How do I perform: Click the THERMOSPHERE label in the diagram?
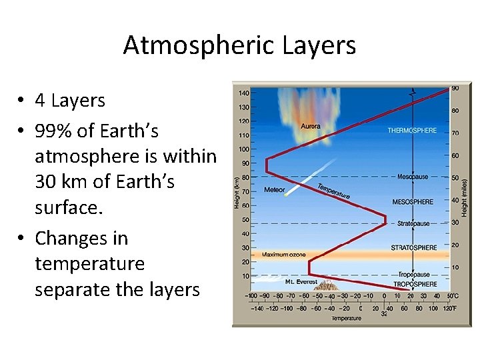412,131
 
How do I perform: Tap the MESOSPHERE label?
413,202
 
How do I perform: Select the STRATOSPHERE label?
414,247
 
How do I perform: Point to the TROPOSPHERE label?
414,283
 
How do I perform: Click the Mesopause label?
413,177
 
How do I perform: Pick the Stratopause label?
413,224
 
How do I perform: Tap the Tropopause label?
413,274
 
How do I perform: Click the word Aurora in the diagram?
310,126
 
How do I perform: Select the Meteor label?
274,189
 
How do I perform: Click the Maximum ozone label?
283,254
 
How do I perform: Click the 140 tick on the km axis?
244,93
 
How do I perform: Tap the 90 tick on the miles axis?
455,88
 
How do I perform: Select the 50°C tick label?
453,295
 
